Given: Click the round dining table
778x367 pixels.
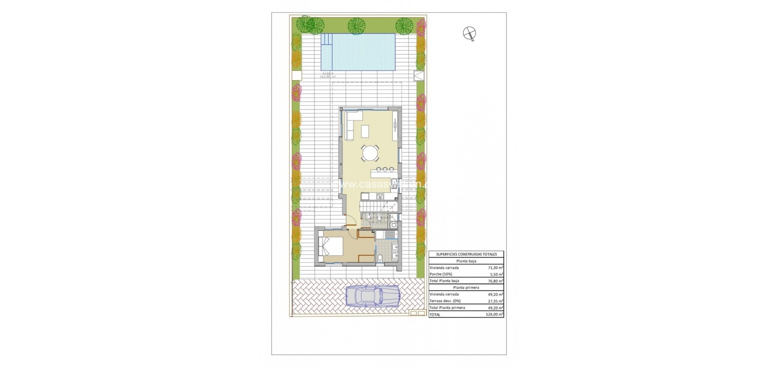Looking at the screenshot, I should (370, 153).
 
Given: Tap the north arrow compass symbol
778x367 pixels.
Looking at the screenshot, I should (470, 33).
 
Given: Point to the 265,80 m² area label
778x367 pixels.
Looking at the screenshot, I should (328, 76).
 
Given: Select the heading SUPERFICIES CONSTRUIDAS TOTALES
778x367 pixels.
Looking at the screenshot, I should (466, 254).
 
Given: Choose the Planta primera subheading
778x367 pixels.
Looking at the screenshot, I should (466, 287).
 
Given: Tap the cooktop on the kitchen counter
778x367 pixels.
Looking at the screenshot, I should (380, 197).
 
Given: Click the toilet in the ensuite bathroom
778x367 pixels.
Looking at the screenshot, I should (381, 258).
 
